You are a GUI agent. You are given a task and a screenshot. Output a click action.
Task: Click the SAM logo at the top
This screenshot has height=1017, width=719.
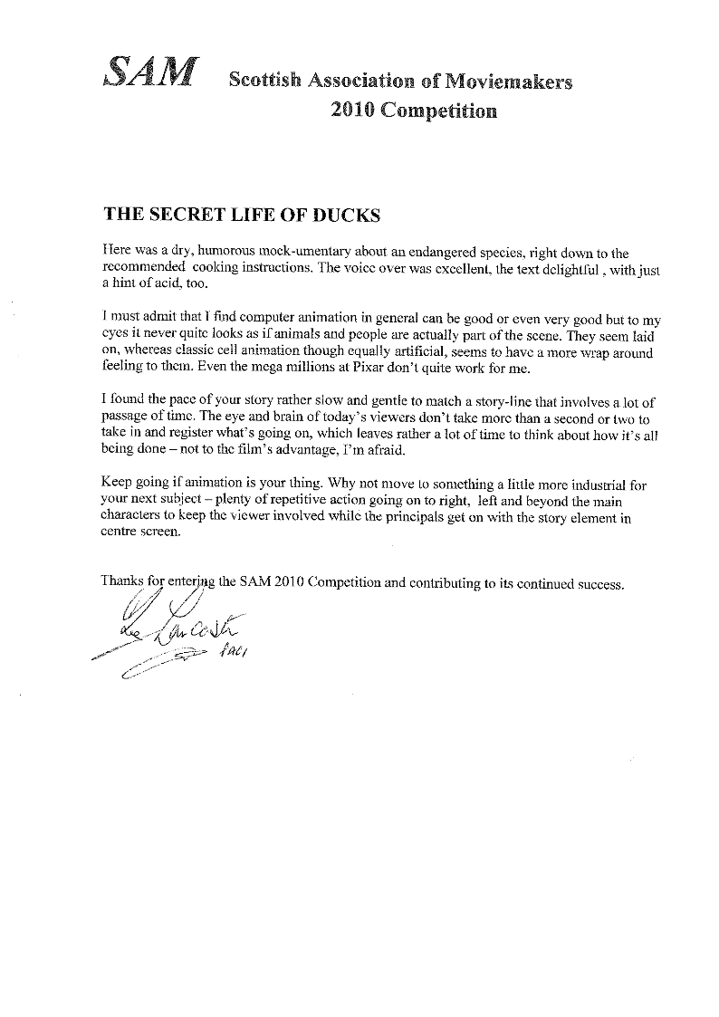point(150,73)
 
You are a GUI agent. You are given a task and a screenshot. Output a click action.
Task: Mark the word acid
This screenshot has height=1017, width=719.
point(155,283)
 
